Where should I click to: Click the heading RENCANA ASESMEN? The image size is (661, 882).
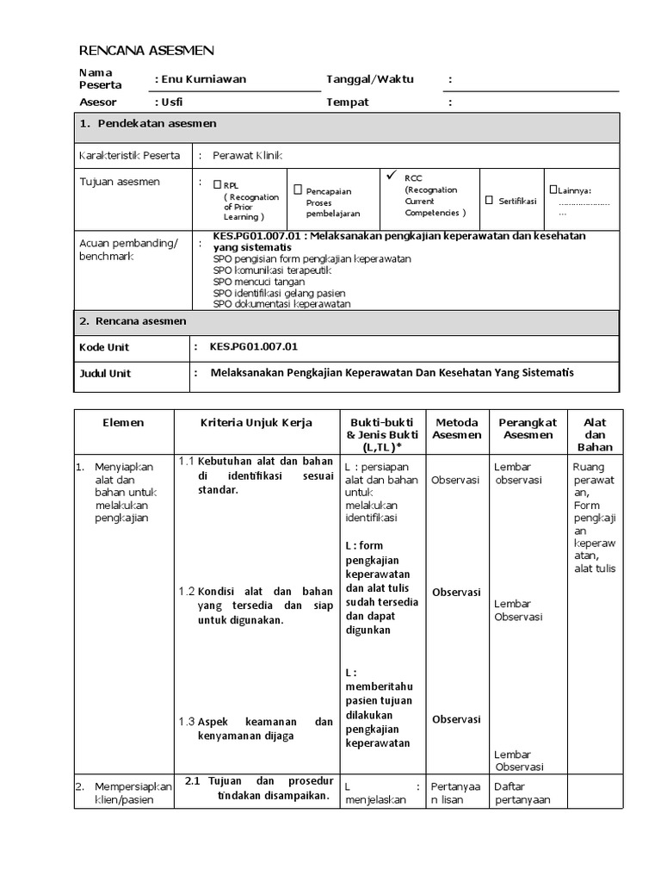point(147,51)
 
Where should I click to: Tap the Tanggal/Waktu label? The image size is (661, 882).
point(370,79)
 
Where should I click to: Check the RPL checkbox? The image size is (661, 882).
point(218,183)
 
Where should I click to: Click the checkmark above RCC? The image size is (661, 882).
point(392,175)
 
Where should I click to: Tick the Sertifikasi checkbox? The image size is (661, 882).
point(489,200)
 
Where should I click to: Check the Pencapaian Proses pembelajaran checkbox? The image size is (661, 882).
point(298,189)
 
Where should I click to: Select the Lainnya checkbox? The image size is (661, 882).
point(553,189)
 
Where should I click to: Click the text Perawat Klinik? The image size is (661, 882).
point(248,156)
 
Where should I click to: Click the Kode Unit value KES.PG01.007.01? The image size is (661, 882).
point(254,347)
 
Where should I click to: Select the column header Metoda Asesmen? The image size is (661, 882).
point(456,429)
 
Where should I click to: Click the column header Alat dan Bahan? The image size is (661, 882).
point(595,435)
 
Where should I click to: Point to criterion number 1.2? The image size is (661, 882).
point(187,592)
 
